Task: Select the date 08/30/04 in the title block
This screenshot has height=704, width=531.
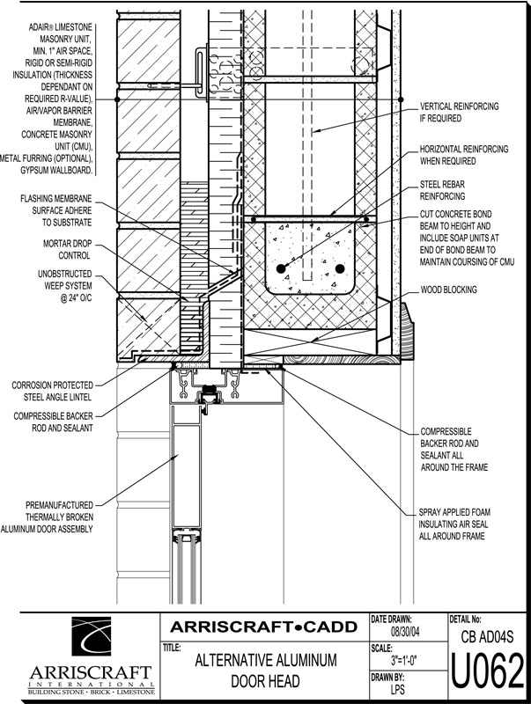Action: (405, 632)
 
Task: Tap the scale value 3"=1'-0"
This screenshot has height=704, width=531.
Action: (405, 661)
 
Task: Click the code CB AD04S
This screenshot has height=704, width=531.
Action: (487, 636)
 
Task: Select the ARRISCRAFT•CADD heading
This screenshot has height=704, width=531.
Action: (263, 627)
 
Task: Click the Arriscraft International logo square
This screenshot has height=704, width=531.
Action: (91, 636)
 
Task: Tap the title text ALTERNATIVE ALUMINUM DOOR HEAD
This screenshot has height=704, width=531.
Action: (266, 671)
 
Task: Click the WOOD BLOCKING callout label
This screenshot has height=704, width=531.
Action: (448, 290)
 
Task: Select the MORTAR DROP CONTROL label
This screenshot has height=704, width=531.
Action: (68, 250)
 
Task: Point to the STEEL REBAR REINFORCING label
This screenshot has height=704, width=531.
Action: (442, 190)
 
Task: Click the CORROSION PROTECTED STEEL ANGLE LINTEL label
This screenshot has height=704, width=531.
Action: (52, 391)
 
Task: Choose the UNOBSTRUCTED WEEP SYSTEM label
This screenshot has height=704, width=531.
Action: (64, 285)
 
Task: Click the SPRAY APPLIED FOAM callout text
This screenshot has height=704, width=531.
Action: (454, 524)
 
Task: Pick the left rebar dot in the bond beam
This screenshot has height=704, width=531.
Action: (281, 269)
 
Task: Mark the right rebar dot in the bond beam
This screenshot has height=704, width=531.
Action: (340, 269)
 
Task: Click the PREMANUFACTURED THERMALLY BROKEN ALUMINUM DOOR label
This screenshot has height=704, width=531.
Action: (47, 517)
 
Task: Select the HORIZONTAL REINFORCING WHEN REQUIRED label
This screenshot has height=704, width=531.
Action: (464, 155)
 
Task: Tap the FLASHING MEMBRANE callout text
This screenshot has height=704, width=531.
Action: (56, 210)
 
